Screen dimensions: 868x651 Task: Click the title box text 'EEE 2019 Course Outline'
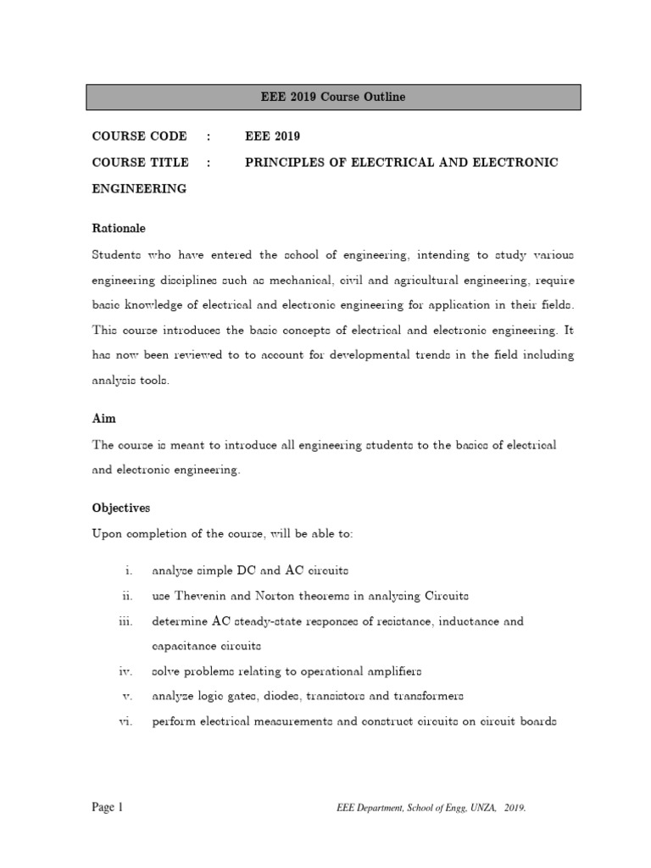(333, 97)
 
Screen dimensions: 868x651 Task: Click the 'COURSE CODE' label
(139, 136)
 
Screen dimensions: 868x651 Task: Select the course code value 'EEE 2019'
(272, 136)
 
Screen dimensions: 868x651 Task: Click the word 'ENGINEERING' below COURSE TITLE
(139, 188)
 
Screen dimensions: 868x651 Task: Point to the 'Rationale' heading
(119, 228)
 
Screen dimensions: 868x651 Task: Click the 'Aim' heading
(103, 419)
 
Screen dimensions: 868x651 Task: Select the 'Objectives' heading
(120, 508)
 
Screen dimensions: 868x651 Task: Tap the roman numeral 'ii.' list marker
(126, 596)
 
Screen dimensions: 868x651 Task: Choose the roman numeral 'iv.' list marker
(125, 671)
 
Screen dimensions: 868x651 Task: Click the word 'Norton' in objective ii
(270, 596)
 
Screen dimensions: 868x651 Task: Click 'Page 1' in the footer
(108, 808)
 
